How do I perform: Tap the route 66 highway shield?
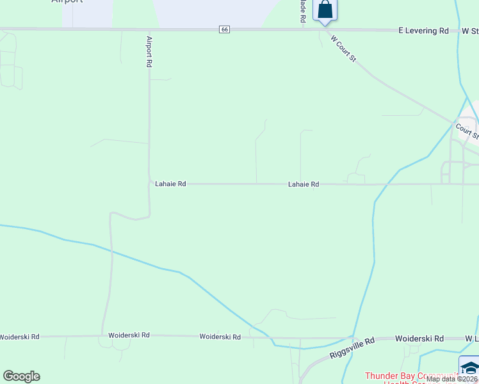(223, 29)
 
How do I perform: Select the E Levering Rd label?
(423, 30)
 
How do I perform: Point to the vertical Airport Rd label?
(149, 52)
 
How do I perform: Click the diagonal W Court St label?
(343, 49)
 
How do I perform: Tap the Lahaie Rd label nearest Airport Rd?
(170, 184)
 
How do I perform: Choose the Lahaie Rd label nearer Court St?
(304, 184)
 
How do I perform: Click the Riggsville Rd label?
(352, 349)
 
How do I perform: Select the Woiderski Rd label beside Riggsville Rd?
(419, 339)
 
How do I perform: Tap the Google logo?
(21, 376)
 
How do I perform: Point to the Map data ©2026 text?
(452, 379)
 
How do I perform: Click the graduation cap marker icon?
(469, 368)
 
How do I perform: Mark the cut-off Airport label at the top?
(67, 2)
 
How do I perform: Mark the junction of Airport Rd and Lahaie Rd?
(150, 183)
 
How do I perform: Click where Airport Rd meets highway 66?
(149, 29)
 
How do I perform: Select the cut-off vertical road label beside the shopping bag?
(302, 12)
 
